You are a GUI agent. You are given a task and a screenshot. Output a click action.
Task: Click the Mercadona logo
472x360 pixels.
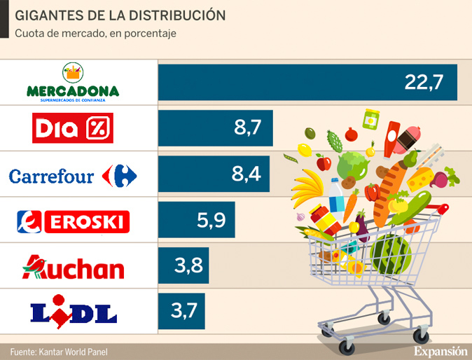click(73, 83)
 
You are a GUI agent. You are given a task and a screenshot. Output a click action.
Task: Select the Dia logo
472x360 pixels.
click(73, 128)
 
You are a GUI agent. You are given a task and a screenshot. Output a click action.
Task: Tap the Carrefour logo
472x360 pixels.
click(73, 175)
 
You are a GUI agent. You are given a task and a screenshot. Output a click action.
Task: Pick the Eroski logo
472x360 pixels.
click(73, 222)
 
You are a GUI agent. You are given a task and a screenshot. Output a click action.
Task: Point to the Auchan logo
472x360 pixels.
click(73, 268)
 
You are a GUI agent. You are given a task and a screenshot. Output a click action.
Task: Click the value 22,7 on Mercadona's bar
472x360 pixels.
click(424, 83)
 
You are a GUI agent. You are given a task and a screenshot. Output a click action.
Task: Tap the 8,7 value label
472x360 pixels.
click(247, 128)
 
